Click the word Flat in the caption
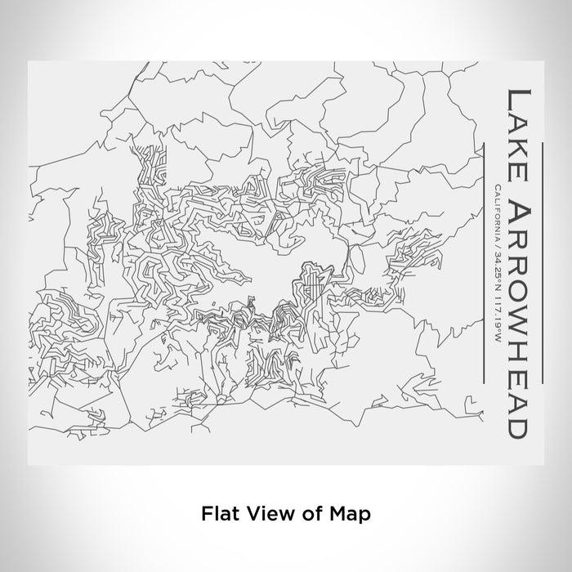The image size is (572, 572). coord(217,514)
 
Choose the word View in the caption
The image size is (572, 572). coord(269,514)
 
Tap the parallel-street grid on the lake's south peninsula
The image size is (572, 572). coord(312,286)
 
